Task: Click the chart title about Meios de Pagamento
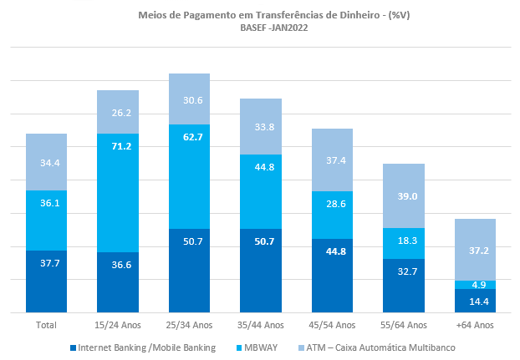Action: (x=260, y=14)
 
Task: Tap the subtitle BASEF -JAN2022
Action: (x=260, y=28)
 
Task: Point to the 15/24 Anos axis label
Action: (x=117, y=324)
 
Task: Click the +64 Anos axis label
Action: (x=475, y=324)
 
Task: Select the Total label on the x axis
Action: (x=46, y=324)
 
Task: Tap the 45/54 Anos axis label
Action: (x=332, y=324)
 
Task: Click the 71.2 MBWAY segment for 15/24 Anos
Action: (x=118, y=193)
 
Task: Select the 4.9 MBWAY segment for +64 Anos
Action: (x=475, y=284)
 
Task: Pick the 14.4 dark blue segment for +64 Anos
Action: (x=475, y=301)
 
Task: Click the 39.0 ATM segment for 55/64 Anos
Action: (x=404, y=195)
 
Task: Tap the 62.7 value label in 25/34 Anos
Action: (x=189, y=137)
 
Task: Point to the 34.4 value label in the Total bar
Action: (x=46, y=163)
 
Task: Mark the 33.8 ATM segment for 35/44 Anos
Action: (x=261, y=127)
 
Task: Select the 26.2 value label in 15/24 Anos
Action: (x=118, y=113)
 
